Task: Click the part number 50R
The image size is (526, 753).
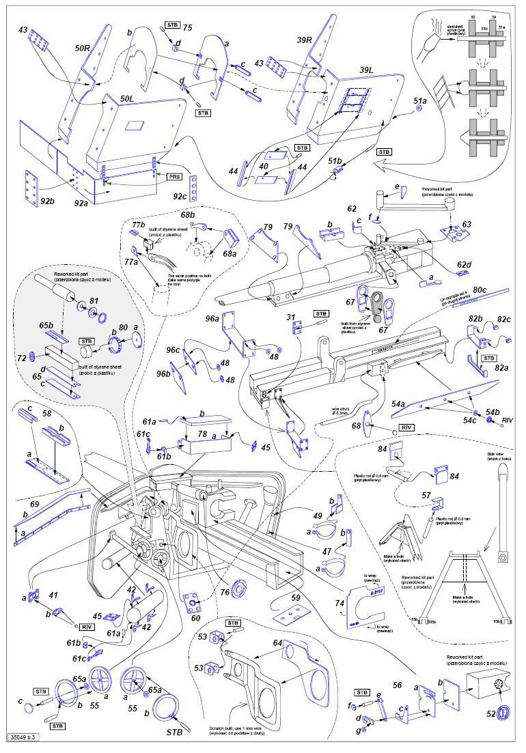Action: pos(83,49)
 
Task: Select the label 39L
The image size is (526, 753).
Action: pos(365,70)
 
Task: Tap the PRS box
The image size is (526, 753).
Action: pos(175,176)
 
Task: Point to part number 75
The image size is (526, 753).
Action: pos(187,27)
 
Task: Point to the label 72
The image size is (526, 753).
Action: pos(21,357)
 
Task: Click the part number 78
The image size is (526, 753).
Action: pos(202,434)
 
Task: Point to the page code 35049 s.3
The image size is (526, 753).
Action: pos(25,737)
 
